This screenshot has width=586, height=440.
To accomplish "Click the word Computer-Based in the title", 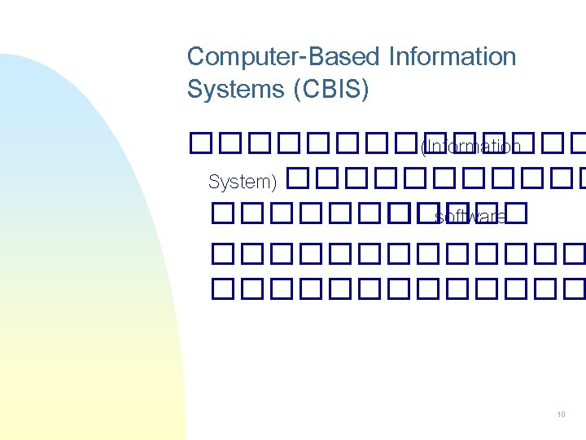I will (284, 57).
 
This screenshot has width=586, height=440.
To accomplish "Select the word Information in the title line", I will (453, 57).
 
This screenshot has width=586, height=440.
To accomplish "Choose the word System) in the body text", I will (243, 181).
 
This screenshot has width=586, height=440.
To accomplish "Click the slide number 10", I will (561, 415).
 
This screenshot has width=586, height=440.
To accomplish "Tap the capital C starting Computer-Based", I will (196, 57).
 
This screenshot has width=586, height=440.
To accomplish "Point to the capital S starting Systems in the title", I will (195, 89).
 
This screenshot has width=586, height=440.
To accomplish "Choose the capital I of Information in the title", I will (391, 57).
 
